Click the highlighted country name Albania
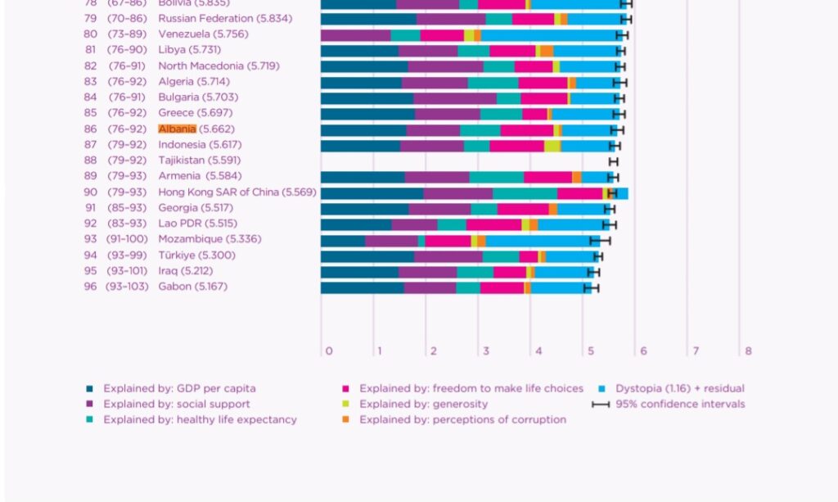pyautogui.click(x=177, y=129)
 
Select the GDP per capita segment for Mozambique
pyautogui.click(x=343, y=240)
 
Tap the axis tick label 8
pyautogui.click(x=748, y=351)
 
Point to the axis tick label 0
pyautogui.click(x=329, y=351)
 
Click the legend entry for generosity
pyautogui.click(x=423, y=405)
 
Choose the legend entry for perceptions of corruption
pyautogui.click(x=462, y=420)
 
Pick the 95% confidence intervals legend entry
pyautogui.click(x=680, y=405)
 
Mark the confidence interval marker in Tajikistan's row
pyautogui.click(x=614, y=161)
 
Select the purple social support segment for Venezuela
pyautogui.click(x=355, y=34)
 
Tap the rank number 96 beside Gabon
pyautogui.click(x=90, y=287)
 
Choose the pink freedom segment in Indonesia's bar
pyautogui.click(x=516, y=146)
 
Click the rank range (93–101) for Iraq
pyautogui.click(x=126, y=271)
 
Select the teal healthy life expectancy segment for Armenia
pyautogui.click(x=496, y=177)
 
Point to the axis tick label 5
pyautogui.click(x=591, y=351)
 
